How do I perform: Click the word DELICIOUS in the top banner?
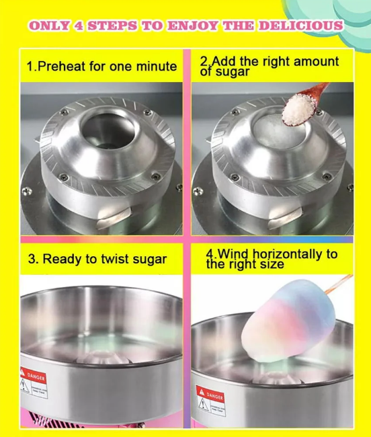click(x=305, y=26)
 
